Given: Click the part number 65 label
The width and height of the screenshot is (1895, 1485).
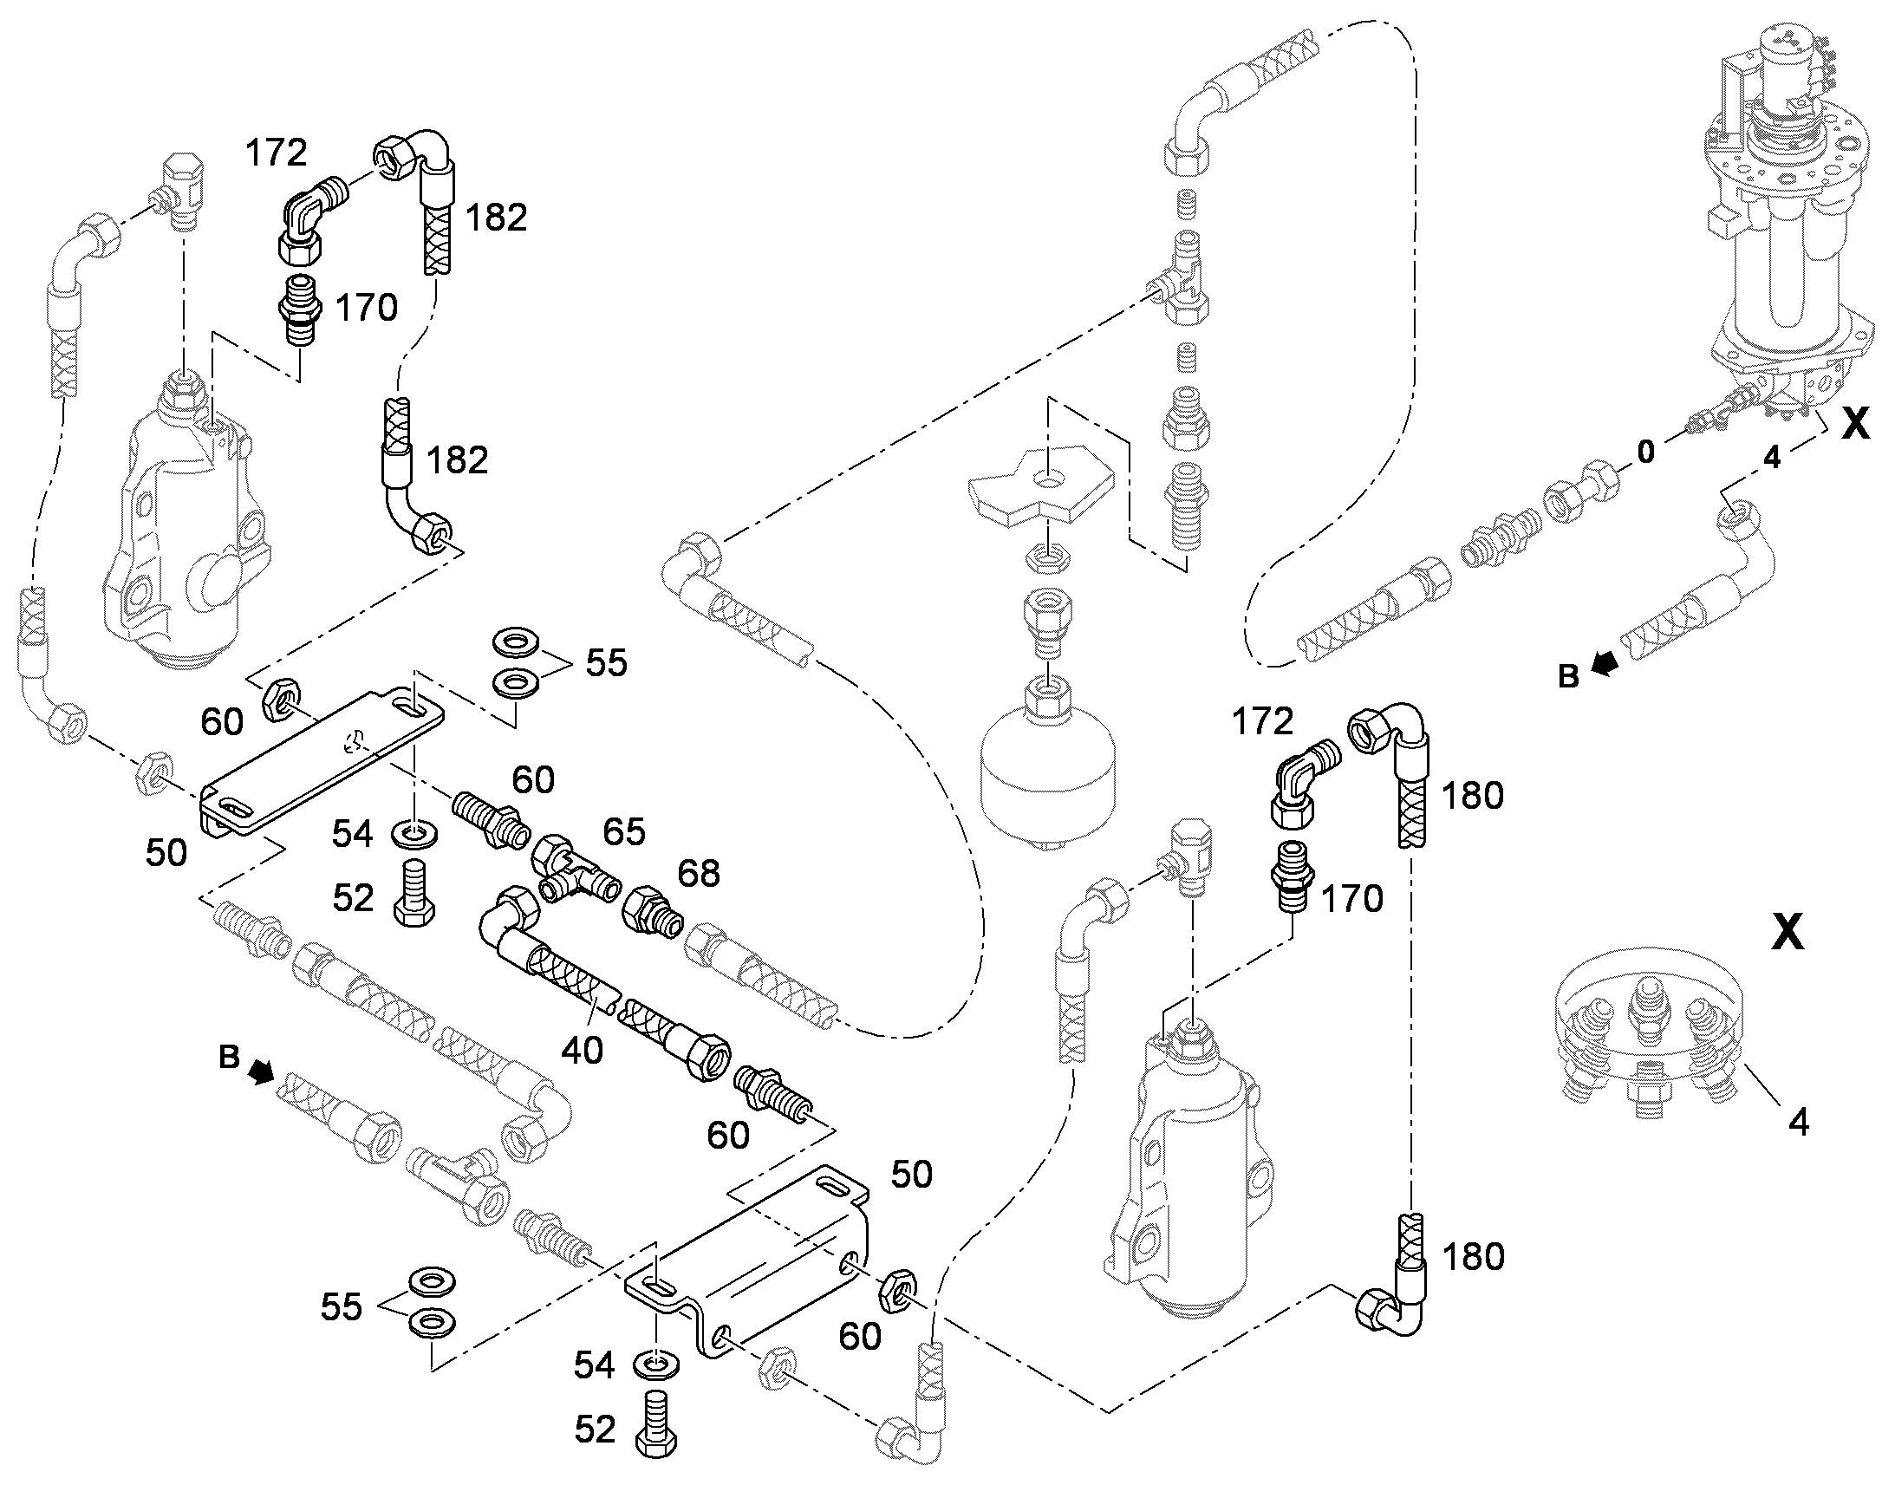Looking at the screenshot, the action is click(x=624, y=832).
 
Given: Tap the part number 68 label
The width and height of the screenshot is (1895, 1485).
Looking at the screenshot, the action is click(x=699, y=873).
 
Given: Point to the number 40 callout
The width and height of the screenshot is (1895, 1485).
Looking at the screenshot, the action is click(x=582, y=1051).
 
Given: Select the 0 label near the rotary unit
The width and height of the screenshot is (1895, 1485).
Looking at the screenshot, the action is click(x=1645, y=453).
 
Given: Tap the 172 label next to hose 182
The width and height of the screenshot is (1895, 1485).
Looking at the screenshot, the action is click(x=276, y=153).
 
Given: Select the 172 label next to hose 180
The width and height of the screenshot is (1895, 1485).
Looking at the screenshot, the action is click(x=1262, y=720).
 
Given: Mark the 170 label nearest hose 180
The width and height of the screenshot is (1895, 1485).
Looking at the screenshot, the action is click(x=1352, y=899).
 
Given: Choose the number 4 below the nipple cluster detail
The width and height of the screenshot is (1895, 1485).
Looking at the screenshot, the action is click(x=1799, y=1123).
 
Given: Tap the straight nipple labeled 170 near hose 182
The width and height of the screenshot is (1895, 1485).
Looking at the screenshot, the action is click(x=299, y=309).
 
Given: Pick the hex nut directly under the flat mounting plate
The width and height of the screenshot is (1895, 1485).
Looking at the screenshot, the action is click(x=1044, y=556).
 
